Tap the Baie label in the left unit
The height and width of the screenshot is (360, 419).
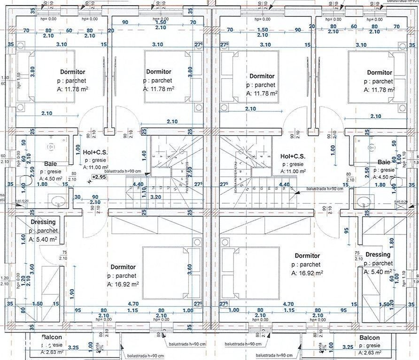coord(51,164)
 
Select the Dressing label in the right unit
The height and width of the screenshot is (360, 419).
coord(377,255)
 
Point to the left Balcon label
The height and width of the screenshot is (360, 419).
coord(51,337)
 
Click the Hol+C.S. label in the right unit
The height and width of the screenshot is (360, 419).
coord(293,156)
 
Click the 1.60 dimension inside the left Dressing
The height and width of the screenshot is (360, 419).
coord(23,238)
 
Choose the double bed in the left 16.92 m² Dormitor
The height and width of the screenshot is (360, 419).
coord(171,272)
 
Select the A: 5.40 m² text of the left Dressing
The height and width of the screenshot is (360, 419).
coord(43,239)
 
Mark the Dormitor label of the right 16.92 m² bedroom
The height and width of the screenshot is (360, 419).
coord(307,256)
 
